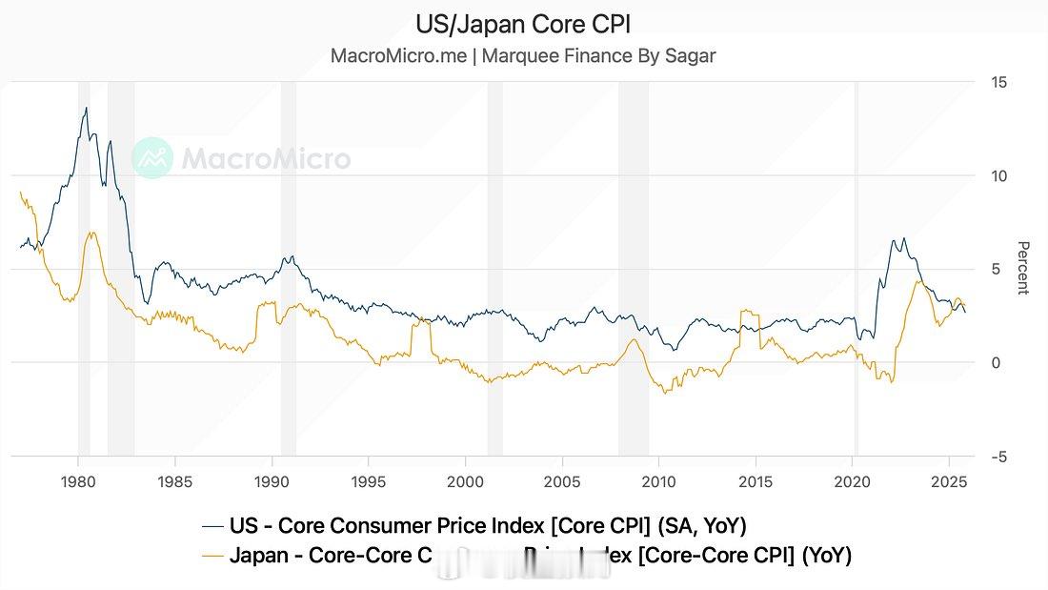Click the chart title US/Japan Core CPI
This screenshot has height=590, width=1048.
point(523,23)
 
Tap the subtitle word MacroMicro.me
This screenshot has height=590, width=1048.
point(398,55)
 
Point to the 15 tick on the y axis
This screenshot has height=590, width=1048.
point(998,83)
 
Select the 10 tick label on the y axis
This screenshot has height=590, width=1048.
point(998,176)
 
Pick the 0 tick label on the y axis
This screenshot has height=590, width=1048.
point(996,363)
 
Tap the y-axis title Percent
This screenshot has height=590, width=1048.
point(1023,269)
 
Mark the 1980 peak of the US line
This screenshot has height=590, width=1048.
point(87,108)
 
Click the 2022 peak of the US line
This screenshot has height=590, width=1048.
point(903,238)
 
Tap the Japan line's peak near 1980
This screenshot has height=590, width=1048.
point(91,232)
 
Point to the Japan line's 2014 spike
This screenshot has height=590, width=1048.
point(743,311)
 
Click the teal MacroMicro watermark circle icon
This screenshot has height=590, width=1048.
point(151,158)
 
